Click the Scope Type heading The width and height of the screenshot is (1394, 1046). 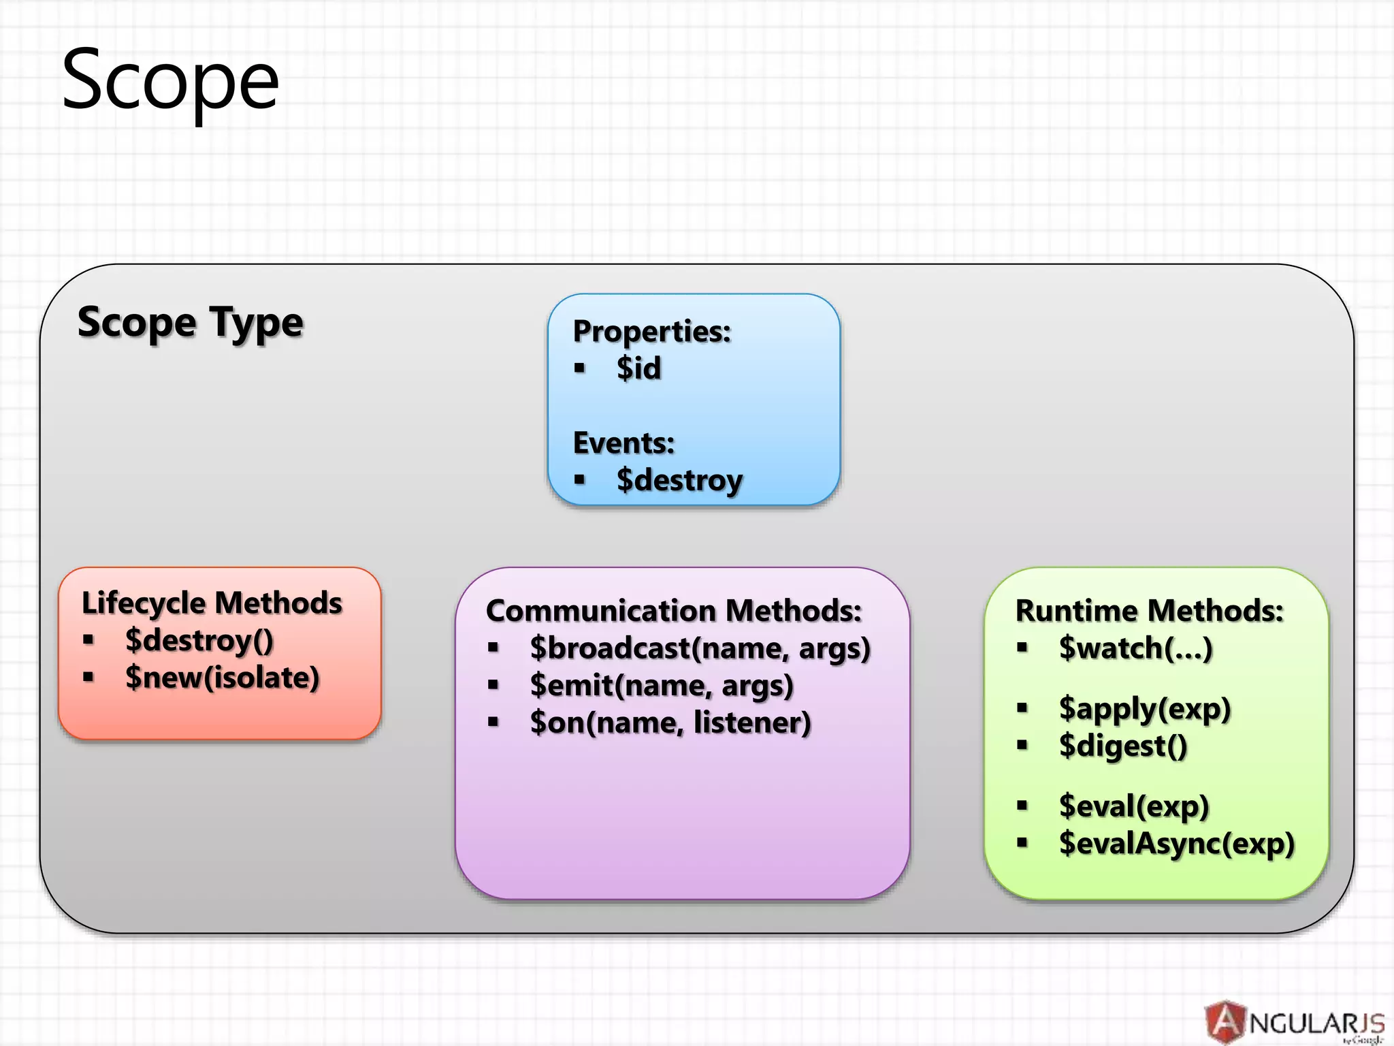191,322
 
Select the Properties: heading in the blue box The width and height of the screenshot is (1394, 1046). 651,332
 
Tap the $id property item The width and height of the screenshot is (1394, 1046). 638,368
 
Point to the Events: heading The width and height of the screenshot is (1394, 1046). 623,443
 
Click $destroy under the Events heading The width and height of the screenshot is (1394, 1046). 679,480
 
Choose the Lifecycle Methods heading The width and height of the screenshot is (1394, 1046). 212,603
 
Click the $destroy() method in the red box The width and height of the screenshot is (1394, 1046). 199,641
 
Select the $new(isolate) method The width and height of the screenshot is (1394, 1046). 223,678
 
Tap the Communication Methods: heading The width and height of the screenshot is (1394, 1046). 674,611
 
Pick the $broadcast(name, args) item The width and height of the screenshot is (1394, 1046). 700,648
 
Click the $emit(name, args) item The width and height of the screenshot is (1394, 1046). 662,686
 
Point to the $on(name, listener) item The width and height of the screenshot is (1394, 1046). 670,723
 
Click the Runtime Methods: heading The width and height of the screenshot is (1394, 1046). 1149,611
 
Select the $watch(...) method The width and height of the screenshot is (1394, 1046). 1135,648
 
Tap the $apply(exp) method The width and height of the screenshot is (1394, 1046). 1145,709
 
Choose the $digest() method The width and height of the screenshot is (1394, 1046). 1123,746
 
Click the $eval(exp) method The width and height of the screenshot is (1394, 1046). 1134,806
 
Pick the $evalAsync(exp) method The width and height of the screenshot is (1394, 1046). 1176,844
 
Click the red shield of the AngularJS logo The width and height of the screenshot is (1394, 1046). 1225,1021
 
